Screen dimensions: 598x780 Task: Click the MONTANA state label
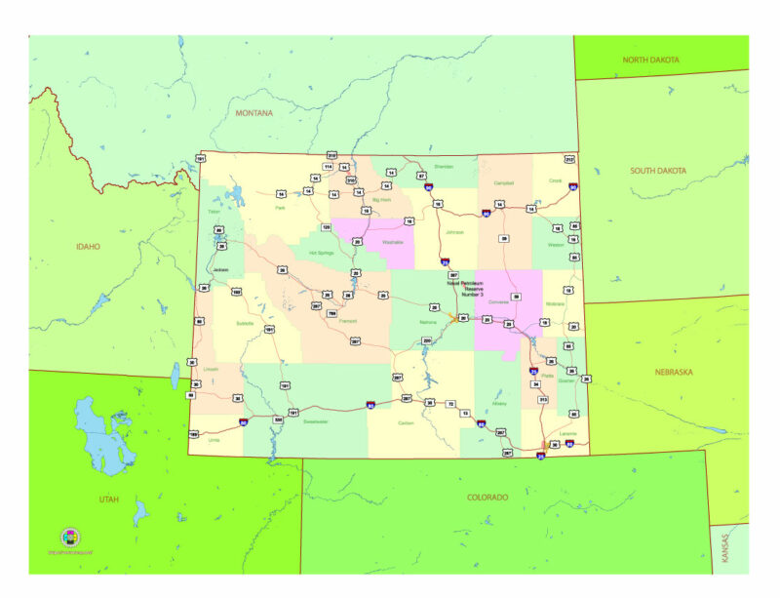click(x=253, y=113)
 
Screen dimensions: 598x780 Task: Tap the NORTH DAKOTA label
click(x=650, y=60)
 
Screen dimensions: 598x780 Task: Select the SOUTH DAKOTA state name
click(x=657, y=171)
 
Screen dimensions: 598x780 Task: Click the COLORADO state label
click(x=487, y=497)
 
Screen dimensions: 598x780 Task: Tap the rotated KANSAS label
click(x=723, y=551)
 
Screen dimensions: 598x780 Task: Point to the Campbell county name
click(x=504, y=183)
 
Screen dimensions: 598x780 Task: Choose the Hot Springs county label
click(x=321, y=253)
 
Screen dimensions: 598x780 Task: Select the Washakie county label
click(x=393, y=240)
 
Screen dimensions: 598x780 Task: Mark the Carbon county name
click(x=406, y=422)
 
